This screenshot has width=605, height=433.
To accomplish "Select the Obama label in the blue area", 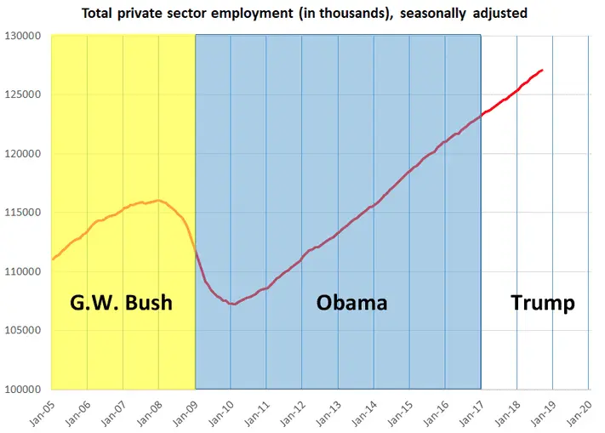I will (x=351, y=303).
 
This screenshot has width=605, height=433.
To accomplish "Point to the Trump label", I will (x=542, y=303).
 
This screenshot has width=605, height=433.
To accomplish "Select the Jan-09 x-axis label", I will (x=185, y=413).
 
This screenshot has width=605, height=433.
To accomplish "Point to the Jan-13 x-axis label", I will (x=328, y=413).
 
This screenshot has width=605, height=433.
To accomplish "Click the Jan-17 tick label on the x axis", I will (x=471, y=413).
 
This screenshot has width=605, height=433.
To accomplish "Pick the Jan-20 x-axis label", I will (x=578, y=413).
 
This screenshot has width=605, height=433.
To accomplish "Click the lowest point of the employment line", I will (x=232, y=304).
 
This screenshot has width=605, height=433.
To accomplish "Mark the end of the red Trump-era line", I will (x=543, y=70).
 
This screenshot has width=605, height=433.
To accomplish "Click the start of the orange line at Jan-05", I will (x=52, y=259).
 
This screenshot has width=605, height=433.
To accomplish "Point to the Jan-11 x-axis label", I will (x=256, y=413).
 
